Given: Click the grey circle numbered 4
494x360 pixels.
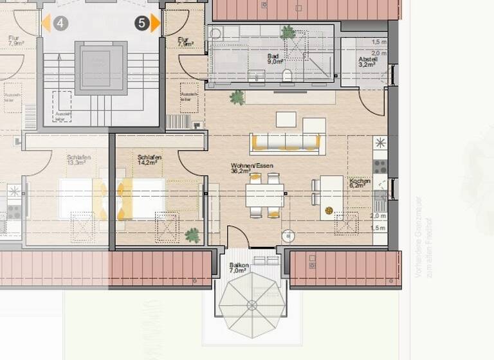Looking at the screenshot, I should [60, 24].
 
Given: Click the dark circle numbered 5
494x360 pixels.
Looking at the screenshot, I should [142, 24].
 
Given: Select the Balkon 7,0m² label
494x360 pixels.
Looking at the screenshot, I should [239, 268].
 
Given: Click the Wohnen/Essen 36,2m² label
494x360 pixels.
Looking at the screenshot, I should [252, 168].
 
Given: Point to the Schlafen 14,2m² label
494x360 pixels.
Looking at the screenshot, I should [149, 160].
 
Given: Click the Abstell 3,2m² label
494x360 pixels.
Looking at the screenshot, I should [368, 62].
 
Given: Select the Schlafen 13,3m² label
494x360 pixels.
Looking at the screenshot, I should [78, 160].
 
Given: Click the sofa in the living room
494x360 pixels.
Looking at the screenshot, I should [286, 141].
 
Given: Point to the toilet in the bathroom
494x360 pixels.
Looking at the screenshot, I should [287, 76].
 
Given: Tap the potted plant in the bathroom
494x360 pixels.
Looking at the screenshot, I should [288, 32].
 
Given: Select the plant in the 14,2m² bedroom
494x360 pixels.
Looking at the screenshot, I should [192, 235].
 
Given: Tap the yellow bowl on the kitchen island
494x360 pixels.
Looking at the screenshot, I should [329, 210].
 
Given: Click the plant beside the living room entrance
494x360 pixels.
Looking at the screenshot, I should [237, 98].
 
